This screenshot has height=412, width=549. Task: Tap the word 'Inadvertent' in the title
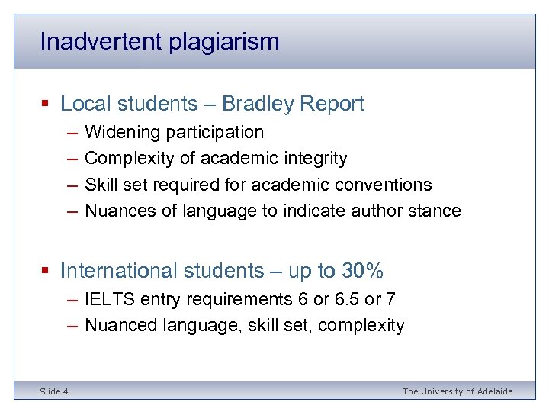[103, 41]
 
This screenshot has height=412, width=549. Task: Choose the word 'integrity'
[315, 159]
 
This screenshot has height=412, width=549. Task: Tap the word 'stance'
[434, 211]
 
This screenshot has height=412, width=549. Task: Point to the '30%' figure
[361, 271]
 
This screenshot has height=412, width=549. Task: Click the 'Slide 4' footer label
[54, 391]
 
